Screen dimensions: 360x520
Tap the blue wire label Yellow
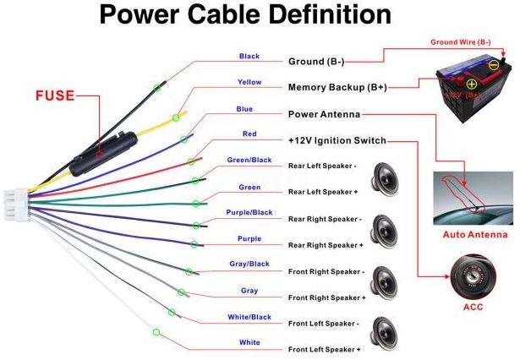[x=249, y=83]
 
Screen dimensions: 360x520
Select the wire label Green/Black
[x=249, y=160]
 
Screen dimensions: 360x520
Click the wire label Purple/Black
[x=249, y=212]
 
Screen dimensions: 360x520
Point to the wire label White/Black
[x=249, y=317]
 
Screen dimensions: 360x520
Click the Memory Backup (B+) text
[x=337, y=87]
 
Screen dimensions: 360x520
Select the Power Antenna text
[x=325, y=114]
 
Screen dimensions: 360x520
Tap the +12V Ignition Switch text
[x=337, y=140]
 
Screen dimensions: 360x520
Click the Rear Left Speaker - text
[x=325, y=166]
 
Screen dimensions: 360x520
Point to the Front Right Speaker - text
[x=326, y=272]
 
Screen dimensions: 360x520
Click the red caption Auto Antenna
[x=475, y=235]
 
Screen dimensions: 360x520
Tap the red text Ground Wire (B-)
[x=461, y=41]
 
